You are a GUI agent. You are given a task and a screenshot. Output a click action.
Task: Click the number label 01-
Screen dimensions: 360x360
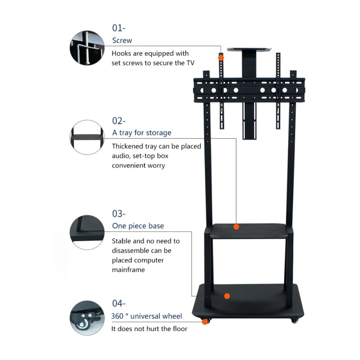coord(119,28)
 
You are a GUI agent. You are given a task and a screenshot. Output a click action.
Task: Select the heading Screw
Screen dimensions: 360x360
coord(122,40)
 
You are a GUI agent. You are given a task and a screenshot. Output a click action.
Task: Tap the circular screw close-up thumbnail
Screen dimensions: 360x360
coord(87,48)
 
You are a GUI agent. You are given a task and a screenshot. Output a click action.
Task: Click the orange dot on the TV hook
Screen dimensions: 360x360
coord(221,58)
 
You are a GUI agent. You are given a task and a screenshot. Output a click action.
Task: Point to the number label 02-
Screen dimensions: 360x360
coord(119,121)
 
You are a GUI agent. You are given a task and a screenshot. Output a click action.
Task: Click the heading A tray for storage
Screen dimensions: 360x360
coord(142,133)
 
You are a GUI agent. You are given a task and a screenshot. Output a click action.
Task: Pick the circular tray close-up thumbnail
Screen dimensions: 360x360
coord(87,137)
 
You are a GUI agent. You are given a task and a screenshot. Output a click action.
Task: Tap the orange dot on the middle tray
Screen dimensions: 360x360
coord(236,227)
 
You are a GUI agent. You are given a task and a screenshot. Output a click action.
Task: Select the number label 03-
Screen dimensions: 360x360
coord(119,214)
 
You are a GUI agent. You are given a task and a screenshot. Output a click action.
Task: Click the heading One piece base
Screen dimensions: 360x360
coord(138,226)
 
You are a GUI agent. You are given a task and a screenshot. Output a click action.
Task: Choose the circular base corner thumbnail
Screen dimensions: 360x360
coord(87,232)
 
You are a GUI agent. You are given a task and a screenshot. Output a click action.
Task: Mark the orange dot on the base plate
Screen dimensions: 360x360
coord(227,296)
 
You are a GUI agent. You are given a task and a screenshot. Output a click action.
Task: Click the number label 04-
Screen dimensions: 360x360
coord(119,303)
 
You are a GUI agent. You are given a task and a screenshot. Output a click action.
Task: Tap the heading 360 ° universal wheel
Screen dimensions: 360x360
coord(147,316)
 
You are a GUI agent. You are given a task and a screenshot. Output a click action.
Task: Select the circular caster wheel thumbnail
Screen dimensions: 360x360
coord(87,318)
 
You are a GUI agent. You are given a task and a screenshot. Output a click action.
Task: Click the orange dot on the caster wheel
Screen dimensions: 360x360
coord(205,322)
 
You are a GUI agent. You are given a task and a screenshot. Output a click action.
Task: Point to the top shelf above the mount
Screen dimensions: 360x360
coord(249,49)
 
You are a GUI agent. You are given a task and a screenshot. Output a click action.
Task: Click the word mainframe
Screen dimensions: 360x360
coord(128,270)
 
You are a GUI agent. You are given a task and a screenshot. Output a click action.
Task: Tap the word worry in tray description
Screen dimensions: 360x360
coord(156,166)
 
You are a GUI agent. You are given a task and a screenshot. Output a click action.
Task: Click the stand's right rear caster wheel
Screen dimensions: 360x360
coord(295,320)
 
